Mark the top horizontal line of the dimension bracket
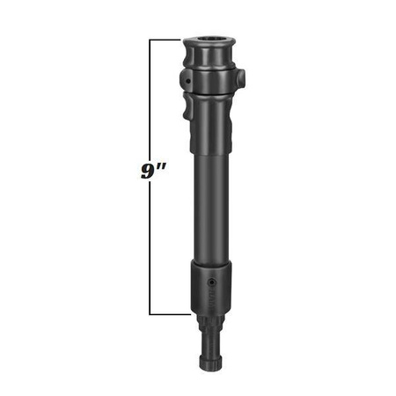point(167,40)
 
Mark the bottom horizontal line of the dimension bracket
point(167,313)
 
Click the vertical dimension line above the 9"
point(152,97)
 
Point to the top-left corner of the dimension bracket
point(152,40)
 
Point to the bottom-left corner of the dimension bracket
point(152,313)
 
